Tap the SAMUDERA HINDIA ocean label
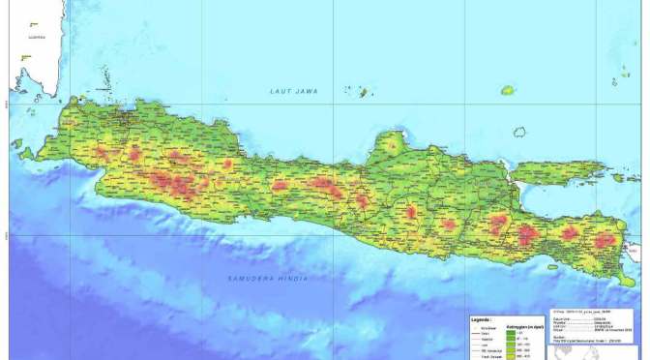pyautogui.click(x=268, y=279)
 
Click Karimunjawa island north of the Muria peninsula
pyautogui.click(x=365, y=92)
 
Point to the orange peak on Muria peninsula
pyautogui.click(x=391, y=146)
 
